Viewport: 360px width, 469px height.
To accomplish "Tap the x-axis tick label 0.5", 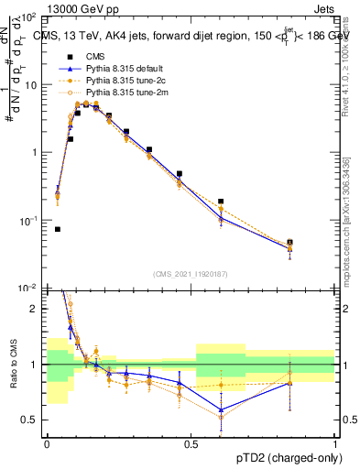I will point(191,442).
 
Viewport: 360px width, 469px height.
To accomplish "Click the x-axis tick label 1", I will point(334,442).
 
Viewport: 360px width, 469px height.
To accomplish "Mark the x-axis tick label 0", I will point(47,442).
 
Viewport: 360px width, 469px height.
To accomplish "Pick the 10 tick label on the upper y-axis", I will point(31,85).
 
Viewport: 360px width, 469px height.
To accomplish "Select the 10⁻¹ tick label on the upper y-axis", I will point(28,221).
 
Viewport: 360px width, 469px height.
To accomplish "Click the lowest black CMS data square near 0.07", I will point(58,229).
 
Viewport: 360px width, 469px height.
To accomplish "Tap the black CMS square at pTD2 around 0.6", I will point(221,202).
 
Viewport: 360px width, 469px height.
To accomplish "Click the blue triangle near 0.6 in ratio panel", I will point(221,409).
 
